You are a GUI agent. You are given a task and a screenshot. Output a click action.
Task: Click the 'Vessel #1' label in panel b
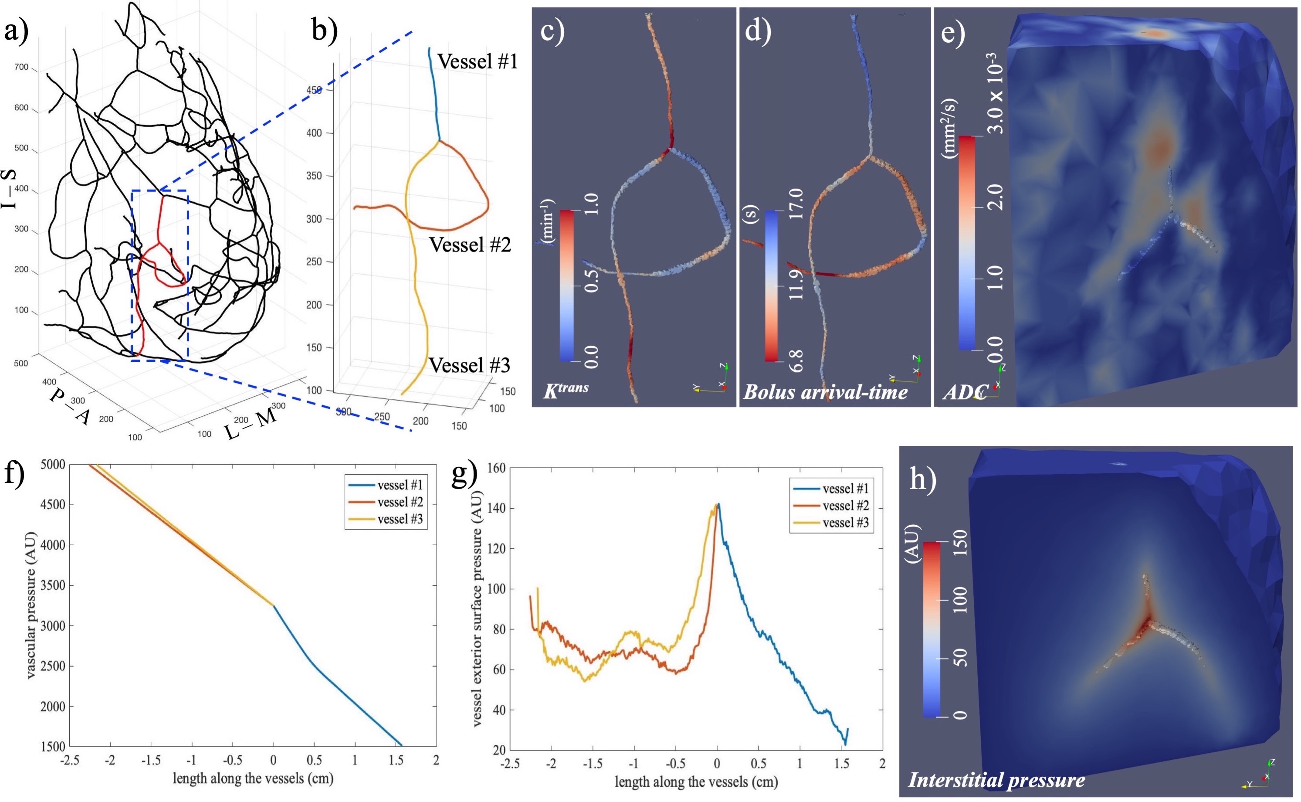tap(477, 61)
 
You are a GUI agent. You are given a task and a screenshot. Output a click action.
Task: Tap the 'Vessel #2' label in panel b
tap(470, 245)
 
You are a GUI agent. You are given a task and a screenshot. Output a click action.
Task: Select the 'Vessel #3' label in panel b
tap(469, 365)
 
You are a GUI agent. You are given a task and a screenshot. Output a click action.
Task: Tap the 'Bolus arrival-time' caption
tap(826, 392)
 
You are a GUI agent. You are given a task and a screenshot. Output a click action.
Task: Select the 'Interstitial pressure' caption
tap(997, 780)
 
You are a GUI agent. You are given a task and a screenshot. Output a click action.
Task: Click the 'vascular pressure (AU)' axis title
tap(31, 605)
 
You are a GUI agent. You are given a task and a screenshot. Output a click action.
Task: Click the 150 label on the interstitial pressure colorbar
tap(959, 543)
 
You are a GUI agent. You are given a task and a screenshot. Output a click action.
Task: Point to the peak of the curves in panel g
tap(718, 504)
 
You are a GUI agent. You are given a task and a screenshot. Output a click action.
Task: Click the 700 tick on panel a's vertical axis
tap(21, 68)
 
